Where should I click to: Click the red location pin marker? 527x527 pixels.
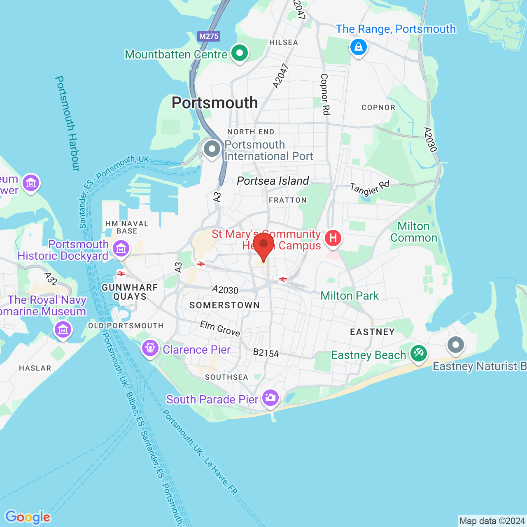coord(263,245)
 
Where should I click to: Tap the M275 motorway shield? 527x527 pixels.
coord(209,36)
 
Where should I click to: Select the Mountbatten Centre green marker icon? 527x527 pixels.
coord(239,53)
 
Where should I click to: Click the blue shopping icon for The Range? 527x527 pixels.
coord(358,47)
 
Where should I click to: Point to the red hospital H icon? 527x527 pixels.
coord(333,238)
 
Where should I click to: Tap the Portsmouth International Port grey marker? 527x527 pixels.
coord(212,149)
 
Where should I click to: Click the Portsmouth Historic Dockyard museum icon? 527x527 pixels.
coord(121,249)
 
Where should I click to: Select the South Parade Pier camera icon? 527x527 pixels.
coord(270,398)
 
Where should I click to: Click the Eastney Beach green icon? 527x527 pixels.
coord(419,353)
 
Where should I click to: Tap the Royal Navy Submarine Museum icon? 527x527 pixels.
coord(63,329)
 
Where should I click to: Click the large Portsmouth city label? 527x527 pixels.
coord(215,103)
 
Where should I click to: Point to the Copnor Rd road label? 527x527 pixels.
coord(325,94)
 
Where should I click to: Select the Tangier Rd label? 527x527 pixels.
coord(369,188)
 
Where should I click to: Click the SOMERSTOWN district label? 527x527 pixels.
coord(224,305)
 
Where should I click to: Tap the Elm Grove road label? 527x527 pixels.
coord(220,329)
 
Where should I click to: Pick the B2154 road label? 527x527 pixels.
coord(266,353)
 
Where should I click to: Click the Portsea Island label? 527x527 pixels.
coord(273,181)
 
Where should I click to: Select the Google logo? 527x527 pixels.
coord(28,517)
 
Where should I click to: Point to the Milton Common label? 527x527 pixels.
coord(414,232)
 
